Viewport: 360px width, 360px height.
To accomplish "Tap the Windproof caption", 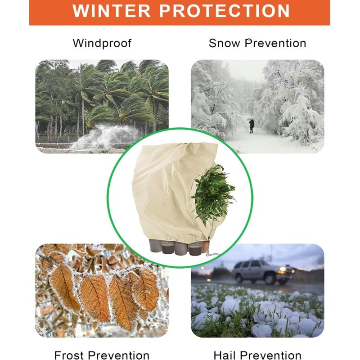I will (x=102, y=43).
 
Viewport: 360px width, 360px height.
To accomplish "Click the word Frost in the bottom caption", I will (x=75, y=355).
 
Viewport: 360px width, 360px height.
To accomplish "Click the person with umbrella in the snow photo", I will (x=252, y=125).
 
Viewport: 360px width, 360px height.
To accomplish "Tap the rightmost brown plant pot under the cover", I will (x=196, y=247).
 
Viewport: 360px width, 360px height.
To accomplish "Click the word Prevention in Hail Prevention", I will (x=270, y=355).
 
